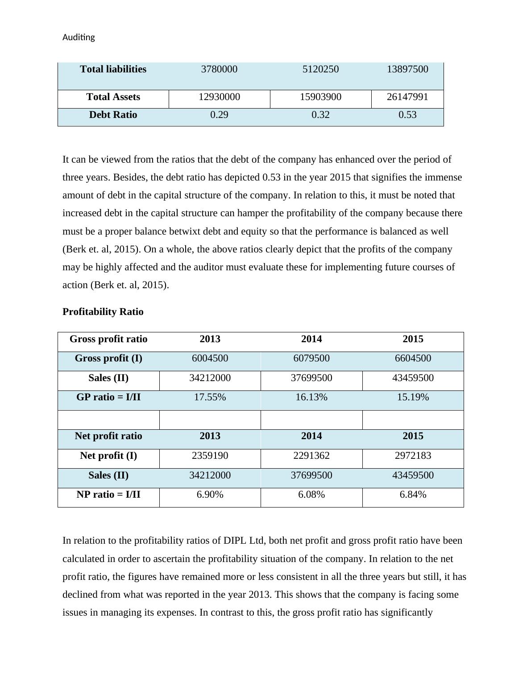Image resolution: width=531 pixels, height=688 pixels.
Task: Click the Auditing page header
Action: pos(79,38)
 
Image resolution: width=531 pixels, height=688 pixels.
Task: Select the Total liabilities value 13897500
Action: pos(407,69)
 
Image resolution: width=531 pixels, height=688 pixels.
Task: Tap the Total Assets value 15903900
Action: pos(320,97)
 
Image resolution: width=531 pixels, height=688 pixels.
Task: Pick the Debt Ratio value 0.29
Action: pos(219,115)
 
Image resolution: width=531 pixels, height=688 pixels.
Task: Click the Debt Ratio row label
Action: pos(113,115)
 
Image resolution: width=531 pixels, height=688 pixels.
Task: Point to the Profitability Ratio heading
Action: pos(103,312)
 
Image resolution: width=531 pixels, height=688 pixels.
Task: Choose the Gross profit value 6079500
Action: pos(311,358)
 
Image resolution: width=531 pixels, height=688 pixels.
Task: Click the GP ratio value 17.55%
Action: pos(210,397)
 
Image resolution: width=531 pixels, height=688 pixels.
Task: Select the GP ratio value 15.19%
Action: pos(413,397)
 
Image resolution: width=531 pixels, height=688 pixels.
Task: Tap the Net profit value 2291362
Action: pos(311,456)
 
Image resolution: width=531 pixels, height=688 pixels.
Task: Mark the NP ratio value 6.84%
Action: pos(413,495)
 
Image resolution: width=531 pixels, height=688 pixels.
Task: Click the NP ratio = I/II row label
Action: pos(108,495)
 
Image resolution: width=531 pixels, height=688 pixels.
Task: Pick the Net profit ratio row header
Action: pos(108,436)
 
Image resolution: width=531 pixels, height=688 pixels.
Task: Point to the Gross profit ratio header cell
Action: pos(108,339)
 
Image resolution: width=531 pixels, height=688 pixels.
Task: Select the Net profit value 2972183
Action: pos(413,456)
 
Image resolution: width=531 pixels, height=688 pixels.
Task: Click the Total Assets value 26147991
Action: pos(407,97)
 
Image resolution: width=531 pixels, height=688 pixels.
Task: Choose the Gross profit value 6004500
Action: pos(210,358)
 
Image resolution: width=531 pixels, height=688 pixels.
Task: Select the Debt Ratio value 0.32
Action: pos(320,115)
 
